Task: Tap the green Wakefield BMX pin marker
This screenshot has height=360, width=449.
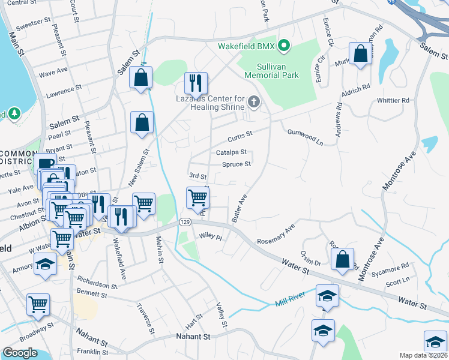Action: [x=285, y=46]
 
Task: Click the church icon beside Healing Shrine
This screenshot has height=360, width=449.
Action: [x=254, y=103]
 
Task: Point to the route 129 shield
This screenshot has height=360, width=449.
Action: [x=185, y=222]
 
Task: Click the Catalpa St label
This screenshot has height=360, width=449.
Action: [x=232, y=152]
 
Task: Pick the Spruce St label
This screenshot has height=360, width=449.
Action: [x=236, y=164]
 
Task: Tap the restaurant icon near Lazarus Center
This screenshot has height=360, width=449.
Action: [x=196, y=83]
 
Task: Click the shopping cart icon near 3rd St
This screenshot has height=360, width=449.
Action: [x=197, y=197]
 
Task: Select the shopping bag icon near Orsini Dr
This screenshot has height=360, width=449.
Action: [x=342, y=259]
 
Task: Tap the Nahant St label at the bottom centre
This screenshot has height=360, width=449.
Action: [x=194, y=337]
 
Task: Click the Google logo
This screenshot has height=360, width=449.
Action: [x=20, y=353]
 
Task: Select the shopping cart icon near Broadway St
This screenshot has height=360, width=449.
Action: [x=38, y=304]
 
